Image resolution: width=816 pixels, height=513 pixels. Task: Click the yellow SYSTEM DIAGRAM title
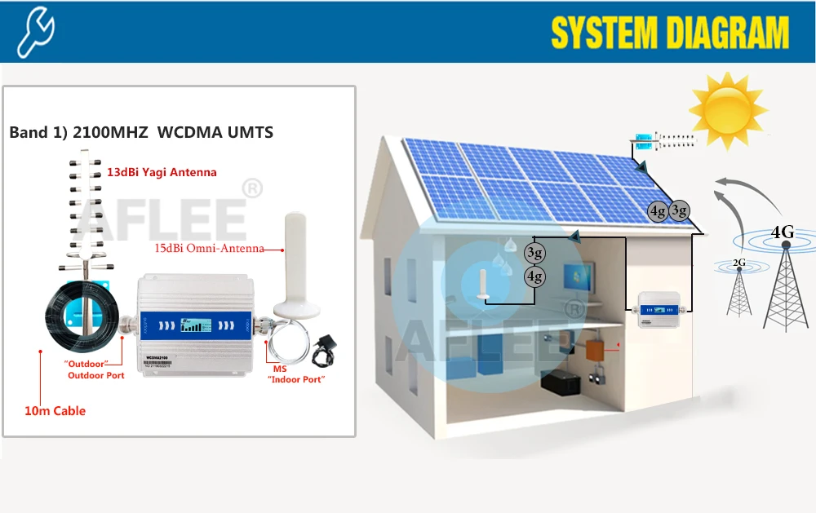670,33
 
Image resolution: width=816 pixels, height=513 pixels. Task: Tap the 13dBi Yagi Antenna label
162,172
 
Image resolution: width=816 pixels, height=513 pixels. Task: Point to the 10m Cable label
55,411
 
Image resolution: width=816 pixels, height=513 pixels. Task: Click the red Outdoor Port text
95,375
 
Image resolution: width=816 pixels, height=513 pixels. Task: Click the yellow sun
728,108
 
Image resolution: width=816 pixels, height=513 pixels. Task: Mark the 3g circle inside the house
534,253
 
